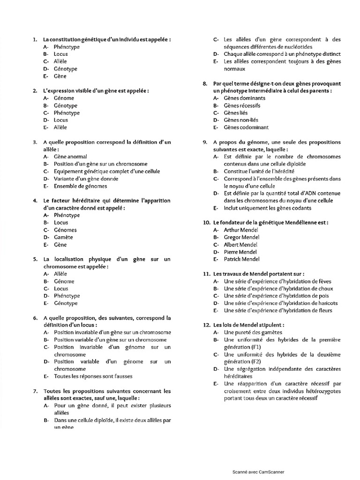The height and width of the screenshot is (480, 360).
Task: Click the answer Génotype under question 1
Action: pos(65,69)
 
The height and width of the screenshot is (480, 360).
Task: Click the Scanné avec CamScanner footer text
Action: pos(258,472)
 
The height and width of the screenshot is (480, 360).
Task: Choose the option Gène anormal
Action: pos(70,157)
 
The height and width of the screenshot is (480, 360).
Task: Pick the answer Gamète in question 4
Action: pos(63,237)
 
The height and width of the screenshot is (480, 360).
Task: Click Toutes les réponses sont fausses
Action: pos(93,376)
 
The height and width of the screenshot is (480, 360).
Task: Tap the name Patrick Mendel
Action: pos(241,259)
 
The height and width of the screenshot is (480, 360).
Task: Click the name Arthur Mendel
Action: pos(241,230)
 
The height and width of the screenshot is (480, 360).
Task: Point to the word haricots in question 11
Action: pos(327,303)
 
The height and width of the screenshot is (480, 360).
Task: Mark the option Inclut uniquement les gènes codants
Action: pos(267,208)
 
